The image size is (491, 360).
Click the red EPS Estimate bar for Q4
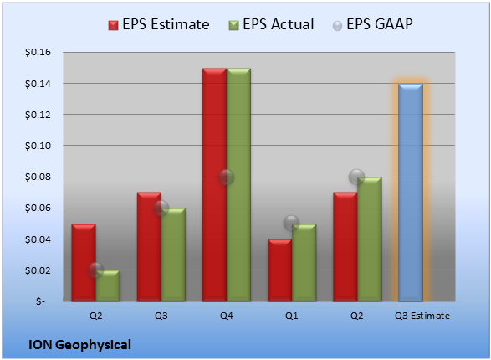(x=214, y=185)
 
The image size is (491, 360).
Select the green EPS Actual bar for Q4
(x=238, y=185)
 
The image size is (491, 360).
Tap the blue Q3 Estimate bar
(x=411, y=193)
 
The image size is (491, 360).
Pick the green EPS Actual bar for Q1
(x=304, y=263)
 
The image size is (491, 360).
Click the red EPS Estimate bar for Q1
(x=279, y=270)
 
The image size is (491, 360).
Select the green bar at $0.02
(x=108, y=285)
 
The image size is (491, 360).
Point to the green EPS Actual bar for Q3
(x=173, y=255)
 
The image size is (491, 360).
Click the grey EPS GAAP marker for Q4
(x=227, y=177)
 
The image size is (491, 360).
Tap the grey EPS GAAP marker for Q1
(x=292, y=224)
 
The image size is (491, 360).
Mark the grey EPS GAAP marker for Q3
(x=161, y=208)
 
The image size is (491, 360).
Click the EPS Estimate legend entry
(x=159, y=24)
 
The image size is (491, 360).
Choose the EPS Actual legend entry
(x=271, y=24)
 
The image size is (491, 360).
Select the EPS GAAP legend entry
(x=372, y=24)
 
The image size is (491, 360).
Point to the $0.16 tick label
(x=38, y=52)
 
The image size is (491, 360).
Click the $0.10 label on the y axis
(x=38, y=146)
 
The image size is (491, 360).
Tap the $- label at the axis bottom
(x=40, y=301)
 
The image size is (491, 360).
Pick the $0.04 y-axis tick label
(x=38, y=239)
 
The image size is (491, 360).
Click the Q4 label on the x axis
(x=227, y=316)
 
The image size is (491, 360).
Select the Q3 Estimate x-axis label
(x=422, y=316)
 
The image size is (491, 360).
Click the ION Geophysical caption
(x=79, y=345)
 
